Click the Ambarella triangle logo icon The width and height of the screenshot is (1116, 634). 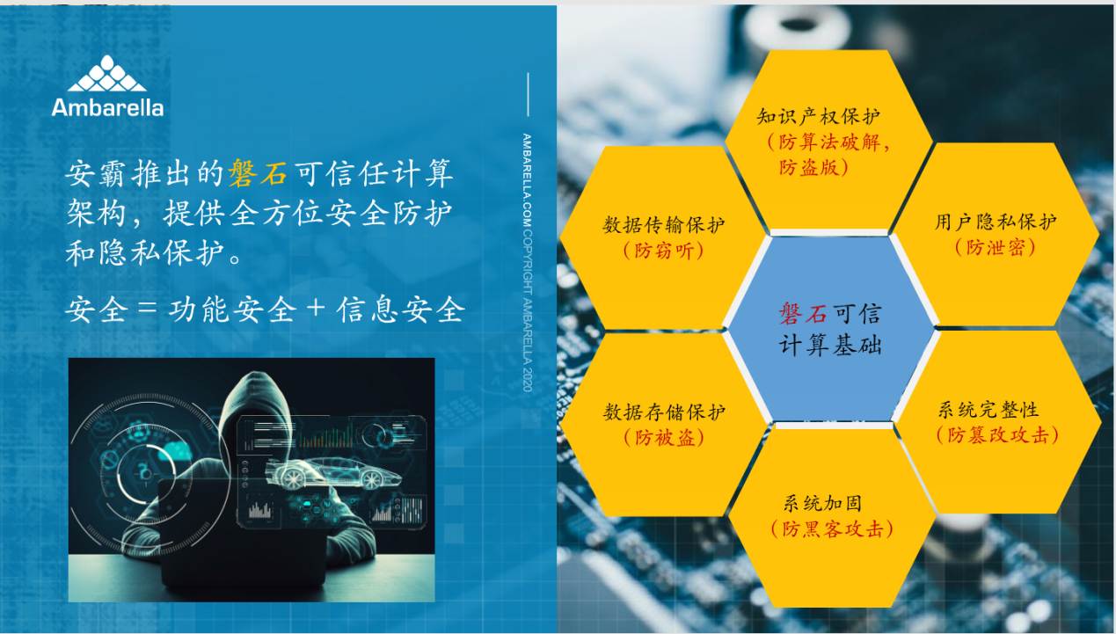click(x=107, y=74)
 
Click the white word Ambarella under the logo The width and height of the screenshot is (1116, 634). click(x=107, y=107)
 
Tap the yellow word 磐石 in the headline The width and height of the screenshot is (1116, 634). click(x=258, y=174)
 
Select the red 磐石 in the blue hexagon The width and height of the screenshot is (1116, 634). click(x=803, y=314)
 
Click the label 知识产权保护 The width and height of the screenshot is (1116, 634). click(x=818, y=117)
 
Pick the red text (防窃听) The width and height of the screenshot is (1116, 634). click(x=664, y=251)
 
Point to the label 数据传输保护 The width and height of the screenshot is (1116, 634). click(x=664, y=225)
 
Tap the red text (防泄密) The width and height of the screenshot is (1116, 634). click(x=996, y=247)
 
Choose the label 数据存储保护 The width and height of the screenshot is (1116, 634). click(x=664, y=412)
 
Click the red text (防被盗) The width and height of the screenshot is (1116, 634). click(x=664, y=438)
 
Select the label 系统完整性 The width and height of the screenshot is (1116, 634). click(x=988, y=410)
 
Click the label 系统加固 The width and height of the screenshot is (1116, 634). click(x=822, y=503)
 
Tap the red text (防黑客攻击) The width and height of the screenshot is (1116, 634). click(x=832, y=528)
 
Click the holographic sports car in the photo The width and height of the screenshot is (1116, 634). click(x=332, y=472)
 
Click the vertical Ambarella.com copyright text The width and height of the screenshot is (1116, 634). click(x=527, y=262)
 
